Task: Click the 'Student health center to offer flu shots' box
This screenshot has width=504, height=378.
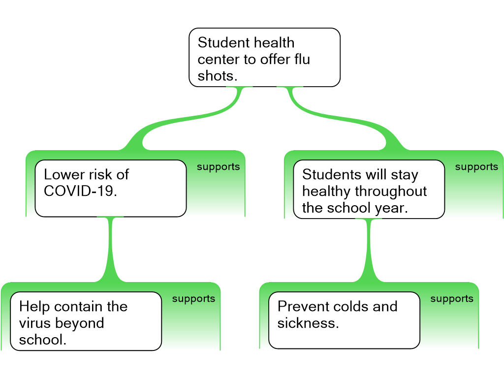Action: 264,58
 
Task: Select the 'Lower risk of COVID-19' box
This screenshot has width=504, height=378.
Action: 111,189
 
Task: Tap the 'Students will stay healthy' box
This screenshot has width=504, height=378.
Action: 369,189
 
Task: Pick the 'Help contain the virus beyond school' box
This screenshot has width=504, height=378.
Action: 86,321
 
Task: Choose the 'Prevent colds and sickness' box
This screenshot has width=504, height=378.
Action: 344,320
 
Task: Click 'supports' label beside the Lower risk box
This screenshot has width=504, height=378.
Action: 218,167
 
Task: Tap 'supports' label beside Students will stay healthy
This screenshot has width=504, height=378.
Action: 476,167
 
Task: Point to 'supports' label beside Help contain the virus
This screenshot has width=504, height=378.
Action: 193,299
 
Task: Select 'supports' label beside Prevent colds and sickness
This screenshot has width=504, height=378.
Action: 452,299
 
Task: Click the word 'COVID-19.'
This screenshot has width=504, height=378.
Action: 80,191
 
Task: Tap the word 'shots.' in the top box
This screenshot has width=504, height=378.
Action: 217,76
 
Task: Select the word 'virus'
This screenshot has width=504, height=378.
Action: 35,323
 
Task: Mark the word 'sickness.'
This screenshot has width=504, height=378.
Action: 308,323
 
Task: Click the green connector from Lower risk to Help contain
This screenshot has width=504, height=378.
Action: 110,250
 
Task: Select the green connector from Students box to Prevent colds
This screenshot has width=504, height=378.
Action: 369,251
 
